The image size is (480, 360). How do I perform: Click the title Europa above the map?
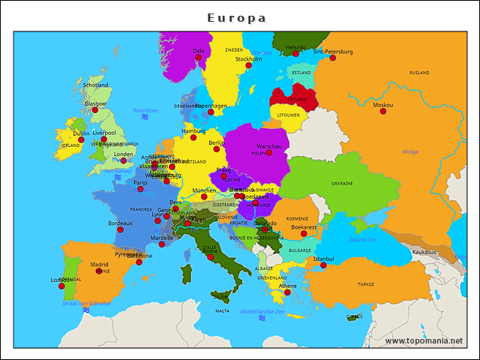click(x=237, y=17)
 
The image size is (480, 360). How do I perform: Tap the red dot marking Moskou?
click(x=383, y=111)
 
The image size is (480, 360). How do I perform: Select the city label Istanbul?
click(x=324, y=259)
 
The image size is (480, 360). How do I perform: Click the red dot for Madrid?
click(x=99, y=271)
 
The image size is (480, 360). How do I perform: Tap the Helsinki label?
click(x=296, y=46)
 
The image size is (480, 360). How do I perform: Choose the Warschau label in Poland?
click(x=269, y=145)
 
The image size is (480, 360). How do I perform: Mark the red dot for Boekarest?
click(x=304, y=233)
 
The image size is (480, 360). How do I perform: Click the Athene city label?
click(x=288, y=286)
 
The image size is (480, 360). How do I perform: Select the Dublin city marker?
click(x=81, y=140)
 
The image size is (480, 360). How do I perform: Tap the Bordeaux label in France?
click(x=120, y=223)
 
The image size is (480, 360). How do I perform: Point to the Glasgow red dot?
click(x=95, y=110)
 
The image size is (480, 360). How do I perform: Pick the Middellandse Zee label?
click(x=262, y=311)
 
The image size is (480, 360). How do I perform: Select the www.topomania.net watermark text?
click(x=424, y=341)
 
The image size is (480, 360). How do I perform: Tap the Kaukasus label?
click(x=424, y=252)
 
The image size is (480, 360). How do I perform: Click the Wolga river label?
click(x=410, y=151)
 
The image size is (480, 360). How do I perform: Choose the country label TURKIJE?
click(x=366, y=285)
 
